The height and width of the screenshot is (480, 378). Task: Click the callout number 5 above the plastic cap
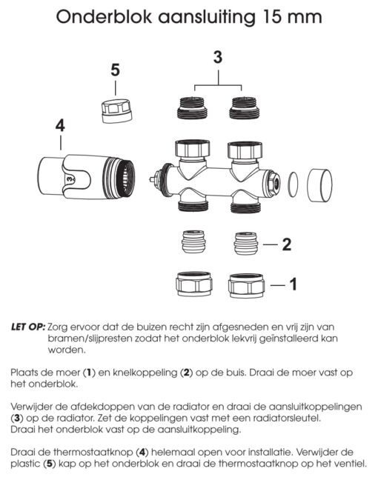pos(115,70)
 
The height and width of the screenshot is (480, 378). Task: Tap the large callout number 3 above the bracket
pos(218,57)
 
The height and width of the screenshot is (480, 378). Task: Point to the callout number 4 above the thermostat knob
pos(60,126)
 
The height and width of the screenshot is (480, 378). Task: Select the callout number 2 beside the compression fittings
pos(286,244)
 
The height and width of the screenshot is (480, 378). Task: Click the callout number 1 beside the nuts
pos(294,284)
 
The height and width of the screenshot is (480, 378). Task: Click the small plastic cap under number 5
pos(117,110)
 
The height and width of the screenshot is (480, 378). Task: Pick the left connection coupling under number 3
pos(193,107)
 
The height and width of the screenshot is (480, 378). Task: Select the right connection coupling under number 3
pos(245,107)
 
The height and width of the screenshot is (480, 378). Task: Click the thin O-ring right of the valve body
pos(293,184)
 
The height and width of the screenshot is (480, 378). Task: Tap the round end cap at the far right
pos(319,185)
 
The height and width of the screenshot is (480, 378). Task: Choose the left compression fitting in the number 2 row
pos(193,241)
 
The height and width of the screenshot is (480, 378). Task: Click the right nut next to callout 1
pos(246,286)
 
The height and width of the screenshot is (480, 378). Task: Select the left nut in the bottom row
pos(194,284)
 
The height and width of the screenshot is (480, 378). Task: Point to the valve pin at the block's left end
pos(151,179)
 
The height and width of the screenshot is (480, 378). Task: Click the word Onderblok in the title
pos(104,16)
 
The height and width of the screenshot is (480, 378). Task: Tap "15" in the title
pos(273,17)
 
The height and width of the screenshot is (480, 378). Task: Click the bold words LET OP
pos(28,327)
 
